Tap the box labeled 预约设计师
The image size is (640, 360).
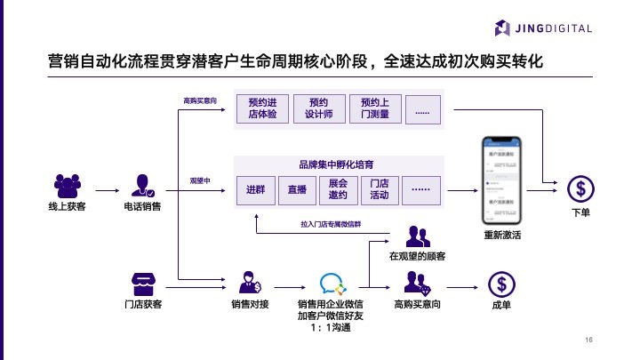click(318, 108)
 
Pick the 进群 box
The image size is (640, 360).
click(256, 189)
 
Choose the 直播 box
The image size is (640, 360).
click(297, 189)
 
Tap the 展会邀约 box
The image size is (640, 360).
click(338, 189)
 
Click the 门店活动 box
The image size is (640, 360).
click(379, 189)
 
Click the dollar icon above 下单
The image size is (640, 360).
click(580, 188)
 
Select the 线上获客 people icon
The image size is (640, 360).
click(68, 186)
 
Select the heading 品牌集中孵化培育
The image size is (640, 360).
click(336, 164)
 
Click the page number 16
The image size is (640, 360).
click(588, 340)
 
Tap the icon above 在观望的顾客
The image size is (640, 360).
click(417, 236)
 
